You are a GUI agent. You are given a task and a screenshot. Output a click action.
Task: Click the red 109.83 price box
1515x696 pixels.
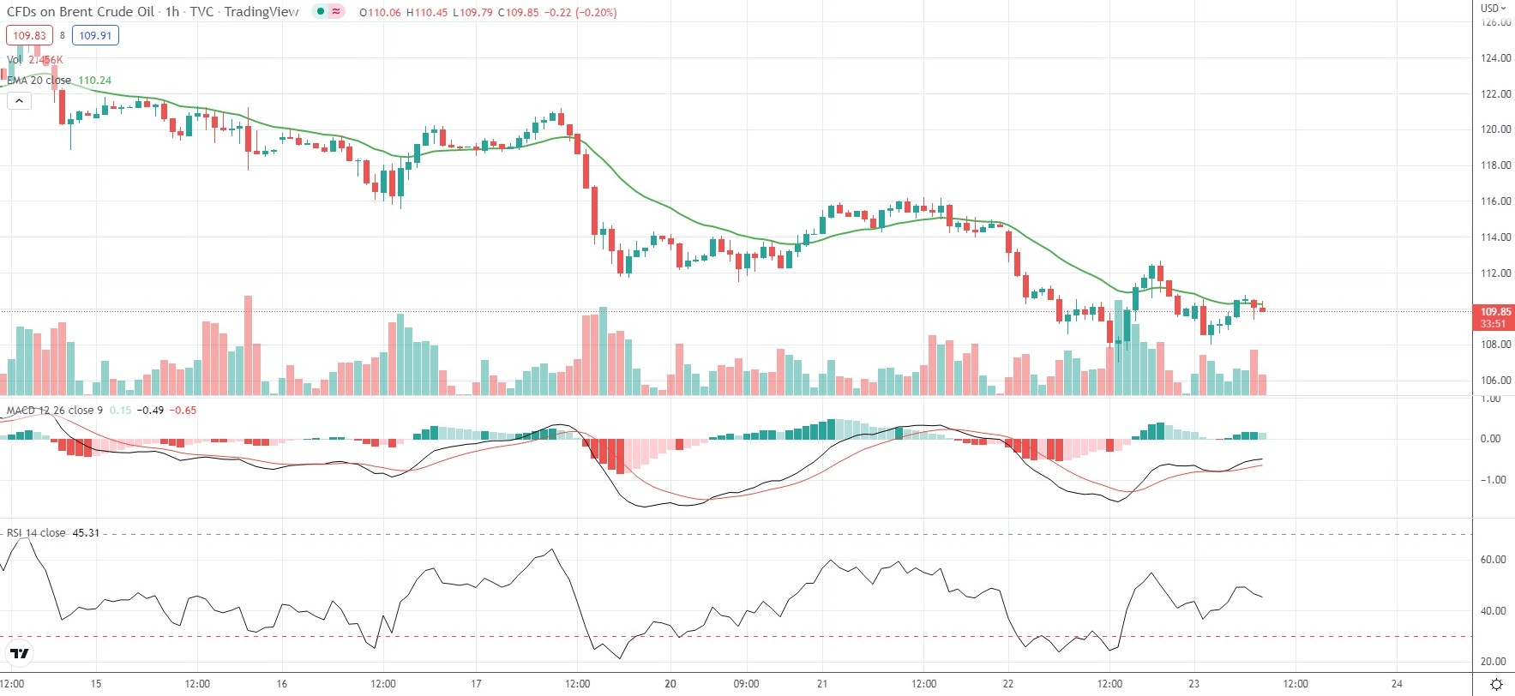pyautogui.click(x=29, y=36)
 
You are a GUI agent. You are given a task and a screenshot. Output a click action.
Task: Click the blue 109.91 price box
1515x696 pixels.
pyautogui.click(x=95, y=36)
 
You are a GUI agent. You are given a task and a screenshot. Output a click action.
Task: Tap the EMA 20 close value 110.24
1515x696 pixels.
pyautogui.click(x=94, y=81)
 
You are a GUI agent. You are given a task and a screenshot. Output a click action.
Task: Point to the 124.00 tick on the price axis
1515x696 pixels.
pyautogui.click(x=1495, y=58)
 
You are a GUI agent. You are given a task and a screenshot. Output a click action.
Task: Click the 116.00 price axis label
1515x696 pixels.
pyautogui.click(x=1495, y=201)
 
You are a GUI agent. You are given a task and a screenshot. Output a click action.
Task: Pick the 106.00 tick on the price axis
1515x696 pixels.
pyautogui.click(x=1495, y=381)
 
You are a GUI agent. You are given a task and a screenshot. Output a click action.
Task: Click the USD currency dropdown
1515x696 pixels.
pyautogui.click(x=1493, y=8)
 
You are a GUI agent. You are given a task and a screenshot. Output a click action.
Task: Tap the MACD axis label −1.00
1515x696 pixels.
pyautogui.click(x=1493, y=480)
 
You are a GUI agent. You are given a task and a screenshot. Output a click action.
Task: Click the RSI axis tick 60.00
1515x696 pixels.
pyautogui.click(x=1493, y=560)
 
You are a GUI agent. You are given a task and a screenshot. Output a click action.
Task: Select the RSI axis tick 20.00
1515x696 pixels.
pyautogui.click(x=1493, y=662)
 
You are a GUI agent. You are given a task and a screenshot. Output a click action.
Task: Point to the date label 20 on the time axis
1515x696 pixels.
pyautogui.click(x=670, y=684)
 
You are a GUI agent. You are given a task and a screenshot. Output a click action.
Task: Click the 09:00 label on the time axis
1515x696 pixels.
pyautogui.click(x=746, y=684)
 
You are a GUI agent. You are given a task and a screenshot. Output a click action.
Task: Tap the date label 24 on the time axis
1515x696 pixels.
pyautogui.click(x=1397, y=684)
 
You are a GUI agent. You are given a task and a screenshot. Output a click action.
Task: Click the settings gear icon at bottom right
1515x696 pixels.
pyautogui.click(x=1496, y=684)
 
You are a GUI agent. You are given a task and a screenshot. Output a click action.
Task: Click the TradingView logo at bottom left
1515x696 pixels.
pyautogui.click(x=20, y=654)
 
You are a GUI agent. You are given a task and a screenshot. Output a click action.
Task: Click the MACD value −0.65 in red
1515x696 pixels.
pyautogui.click(x=183, y=411)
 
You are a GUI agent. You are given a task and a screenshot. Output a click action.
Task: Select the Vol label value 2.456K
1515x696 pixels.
pyautogui.click(x=45, y=60)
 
